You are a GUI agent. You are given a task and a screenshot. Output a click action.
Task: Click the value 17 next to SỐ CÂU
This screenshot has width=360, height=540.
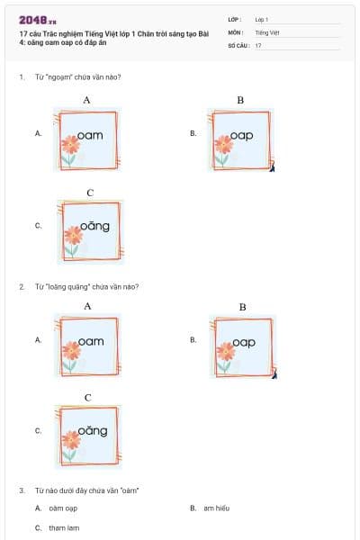[258, 44]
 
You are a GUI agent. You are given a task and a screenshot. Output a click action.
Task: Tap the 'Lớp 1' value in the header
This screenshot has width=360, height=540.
[262, 18]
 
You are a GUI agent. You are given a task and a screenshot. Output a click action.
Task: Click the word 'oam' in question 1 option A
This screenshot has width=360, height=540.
[91, 135]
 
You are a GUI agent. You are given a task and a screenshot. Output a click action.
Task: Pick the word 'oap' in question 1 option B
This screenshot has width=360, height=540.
[241, 135]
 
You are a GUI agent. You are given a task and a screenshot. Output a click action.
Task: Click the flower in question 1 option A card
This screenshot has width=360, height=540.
[70, 148]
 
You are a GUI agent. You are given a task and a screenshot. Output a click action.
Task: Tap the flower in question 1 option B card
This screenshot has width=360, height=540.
[222, 148]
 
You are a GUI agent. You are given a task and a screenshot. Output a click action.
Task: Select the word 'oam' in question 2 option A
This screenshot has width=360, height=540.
[91, 341]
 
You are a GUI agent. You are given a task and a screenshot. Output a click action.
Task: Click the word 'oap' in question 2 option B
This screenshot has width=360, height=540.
[244, 342]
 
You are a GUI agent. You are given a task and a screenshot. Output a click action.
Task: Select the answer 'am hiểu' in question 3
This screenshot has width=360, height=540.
[216, 508]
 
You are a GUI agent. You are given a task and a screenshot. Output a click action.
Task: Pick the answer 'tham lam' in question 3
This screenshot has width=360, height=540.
[64, 527]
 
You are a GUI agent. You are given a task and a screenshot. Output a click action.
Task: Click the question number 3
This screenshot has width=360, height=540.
[21, 490]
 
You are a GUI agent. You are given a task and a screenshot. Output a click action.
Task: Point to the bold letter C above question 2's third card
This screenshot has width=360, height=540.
[87, 397]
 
